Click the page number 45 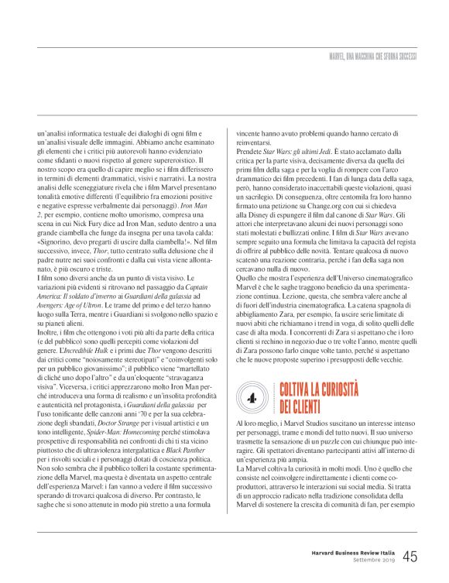[x=410, y=557]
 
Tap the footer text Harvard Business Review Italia [x=347, y=552]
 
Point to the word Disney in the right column [x=260, y=200]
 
